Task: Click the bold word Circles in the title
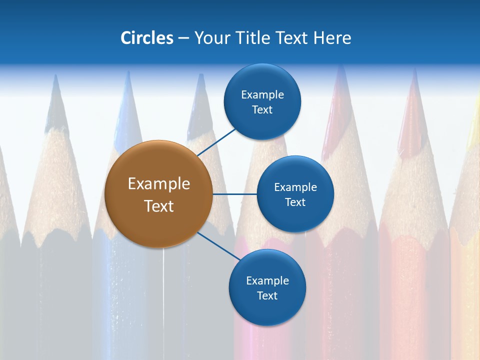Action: coord(146,38)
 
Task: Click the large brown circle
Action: coord(158,194)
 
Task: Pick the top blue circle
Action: coord(262,101)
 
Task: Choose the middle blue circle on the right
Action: coord(295,194)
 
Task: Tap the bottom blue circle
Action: coord(267,287)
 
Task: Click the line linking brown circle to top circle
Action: coord(217,142)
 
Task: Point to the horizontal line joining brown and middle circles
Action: coord(234,194)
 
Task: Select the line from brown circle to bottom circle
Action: coord(219,246)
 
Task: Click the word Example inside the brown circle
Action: coord(158,183)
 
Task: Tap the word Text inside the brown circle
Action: coord(158,206)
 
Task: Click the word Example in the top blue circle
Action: coord(262,94)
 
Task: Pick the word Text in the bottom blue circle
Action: coord(267,295)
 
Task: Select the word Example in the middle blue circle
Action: coord(295,187)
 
